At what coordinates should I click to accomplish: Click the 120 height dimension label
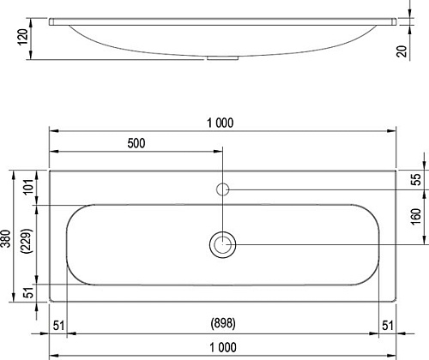23,37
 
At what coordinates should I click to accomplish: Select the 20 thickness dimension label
402,51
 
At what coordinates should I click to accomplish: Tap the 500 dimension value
136,143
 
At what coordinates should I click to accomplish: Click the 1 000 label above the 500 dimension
220,123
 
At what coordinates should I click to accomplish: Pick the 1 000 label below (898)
223,348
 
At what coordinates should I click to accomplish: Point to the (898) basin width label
223,323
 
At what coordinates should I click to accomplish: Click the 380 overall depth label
6,239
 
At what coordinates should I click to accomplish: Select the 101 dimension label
29,187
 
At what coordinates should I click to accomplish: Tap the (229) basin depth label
27,241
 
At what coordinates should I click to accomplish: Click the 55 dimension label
416,179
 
